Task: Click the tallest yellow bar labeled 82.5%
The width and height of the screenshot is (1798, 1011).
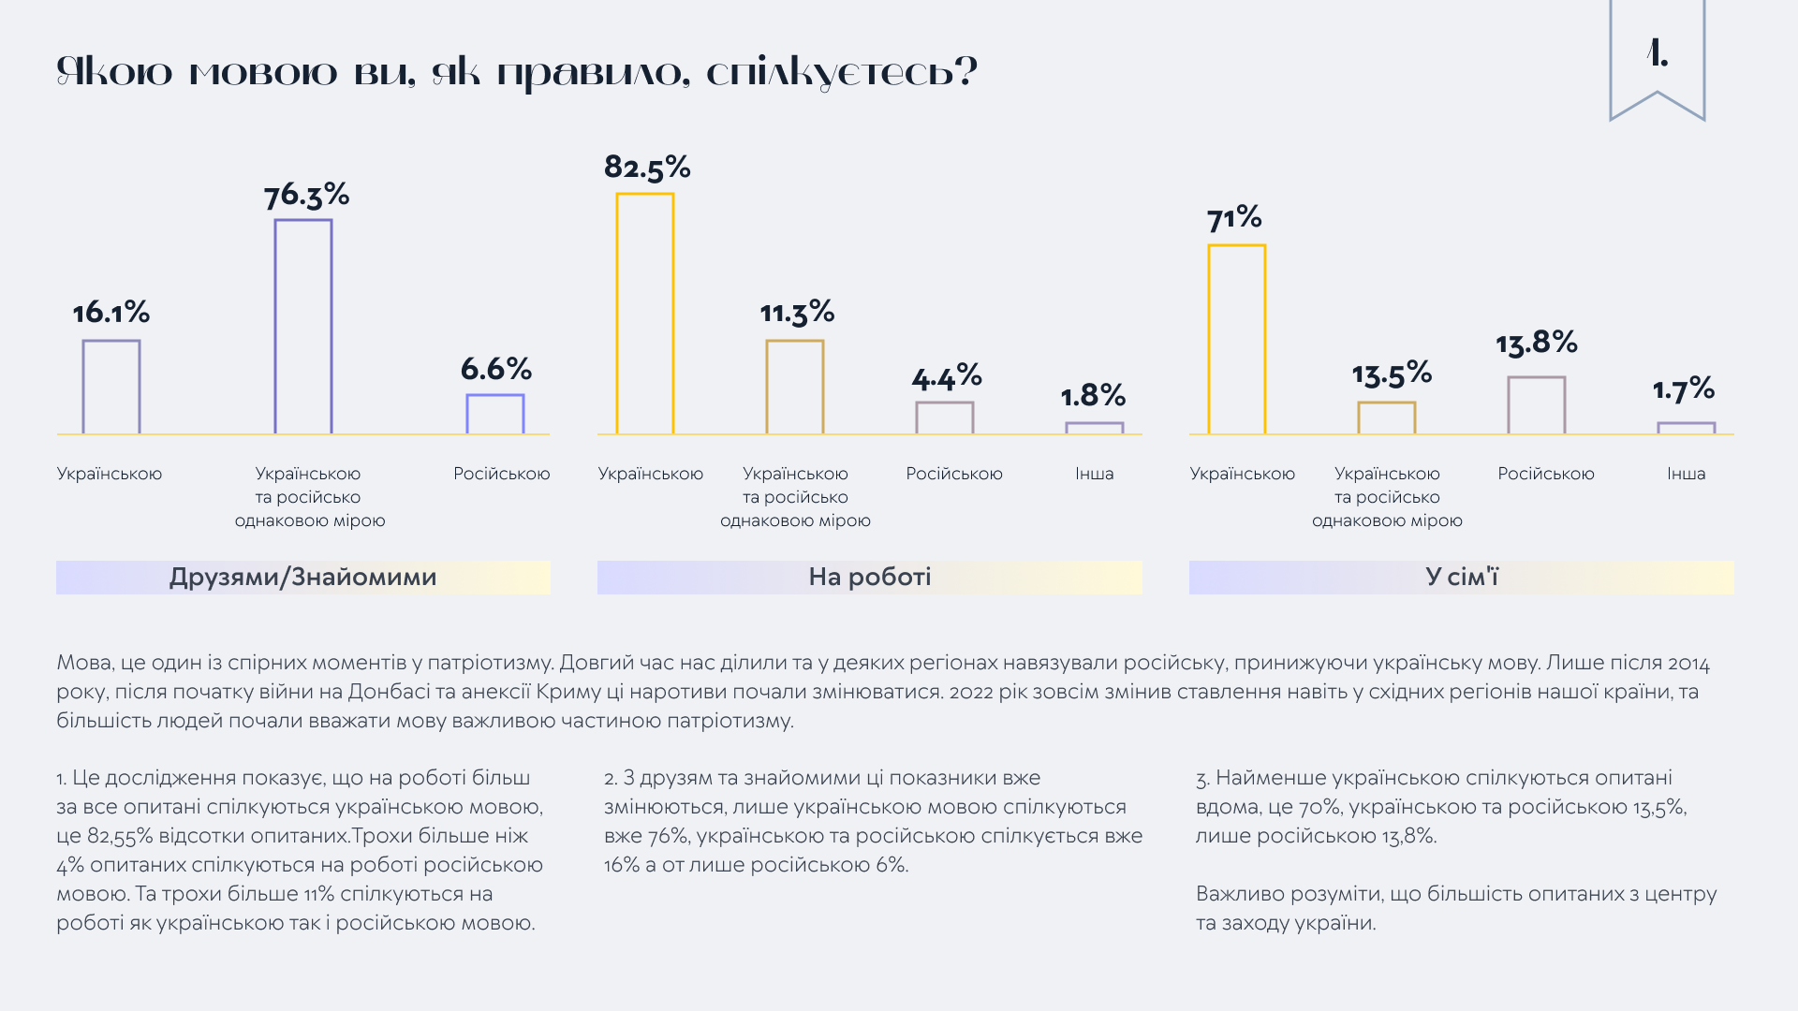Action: tap(644, 314)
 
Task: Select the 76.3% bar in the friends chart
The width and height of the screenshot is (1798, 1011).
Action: tap(302, 327)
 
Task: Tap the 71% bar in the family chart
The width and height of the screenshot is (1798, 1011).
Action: tap(1236, 339)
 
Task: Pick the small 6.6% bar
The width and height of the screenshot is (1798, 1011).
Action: tap(494, 414)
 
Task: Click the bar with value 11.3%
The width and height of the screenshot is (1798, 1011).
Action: tap(794, 387)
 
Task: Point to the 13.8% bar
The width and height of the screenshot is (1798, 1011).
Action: tap(1536, 405)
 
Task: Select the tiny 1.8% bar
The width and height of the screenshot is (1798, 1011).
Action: tap(1094, 428)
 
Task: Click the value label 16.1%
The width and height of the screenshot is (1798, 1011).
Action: tap(111, 313)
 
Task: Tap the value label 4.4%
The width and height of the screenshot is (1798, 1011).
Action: tap(946, 378)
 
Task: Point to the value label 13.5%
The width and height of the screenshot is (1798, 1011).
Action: tap(1392, 374)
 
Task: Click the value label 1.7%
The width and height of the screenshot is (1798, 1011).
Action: tap(1683, 389)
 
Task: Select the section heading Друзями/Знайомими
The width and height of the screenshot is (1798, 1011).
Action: tap(302, 577)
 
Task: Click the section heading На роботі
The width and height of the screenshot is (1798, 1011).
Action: tap(869, 577)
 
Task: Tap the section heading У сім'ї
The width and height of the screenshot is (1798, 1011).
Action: tap(1461, 577)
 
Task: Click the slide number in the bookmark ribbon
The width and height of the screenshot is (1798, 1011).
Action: tap(1657, 54)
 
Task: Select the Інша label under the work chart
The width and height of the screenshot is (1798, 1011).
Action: tap(1094, 474)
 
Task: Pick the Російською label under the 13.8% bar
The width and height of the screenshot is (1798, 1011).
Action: tap(1545, 474)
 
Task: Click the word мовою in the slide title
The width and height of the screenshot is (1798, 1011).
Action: tap(263, 73)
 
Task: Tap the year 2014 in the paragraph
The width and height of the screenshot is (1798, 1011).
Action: tap(1688, 664)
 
